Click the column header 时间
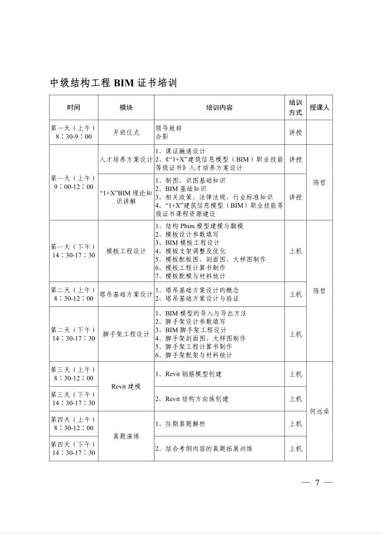[x=74, y=107]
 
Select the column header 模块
[x=126, y=107]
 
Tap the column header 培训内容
[x=219, y=107]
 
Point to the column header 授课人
[x=320, y=107]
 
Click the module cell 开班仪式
[x=126, y=132]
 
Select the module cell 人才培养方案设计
[x=126, y=160]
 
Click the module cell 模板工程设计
[x=126, y=251]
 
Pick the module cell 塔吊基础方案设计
[x=126, y=294]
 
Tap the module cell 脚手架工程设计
[x=126, y=334]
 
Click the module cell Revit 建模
[x=126, y=386]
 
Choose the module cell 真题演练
[x=126, y=436]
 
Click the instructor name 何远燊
[x=320, y=411]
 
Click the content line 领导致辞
[x=169, y=128]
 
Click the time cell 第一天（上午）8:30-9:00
[x=74, y=132]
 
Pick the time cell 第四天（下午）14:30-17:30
[x=74, y=448]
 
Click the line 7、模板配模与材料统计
[x=196, y=275]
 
